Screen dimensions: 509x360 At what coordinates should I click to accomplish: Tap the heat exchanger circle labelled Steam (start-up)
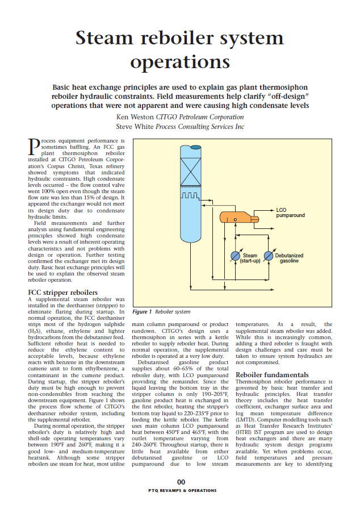coord(235,256)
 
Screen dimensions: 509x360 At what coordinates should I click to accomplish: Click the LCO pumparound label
coord(290,213)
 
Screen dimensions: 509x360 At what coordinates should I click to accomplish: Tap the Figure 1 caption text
coord(161,312)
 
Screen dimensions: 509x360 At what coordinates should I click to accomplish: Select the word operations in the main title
coord(180,61)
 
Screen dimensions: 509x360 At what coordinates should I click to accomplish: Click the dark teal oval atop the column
coord(187,148)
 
